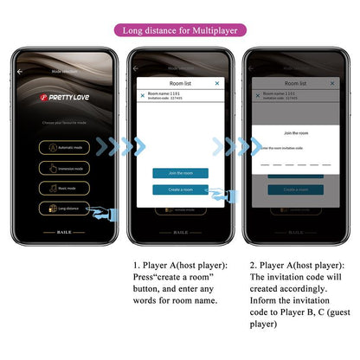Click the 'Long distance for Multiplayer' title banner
click(179, 29)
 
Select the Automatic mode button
click(64, 146)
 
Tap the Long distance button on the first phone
click(66, 208)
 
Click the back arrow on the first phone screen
click(21, 71)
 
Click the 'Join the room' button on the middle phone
click(179, 173)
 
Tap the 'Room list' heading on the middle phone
click(179, 82)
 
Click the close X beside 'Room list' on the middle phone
click(216, 83)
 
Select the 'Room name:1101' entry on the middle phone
click(164, 93)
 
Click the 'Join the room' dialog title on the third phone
click(297, 133)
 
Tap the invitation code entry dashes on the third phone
click(297, 163)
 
